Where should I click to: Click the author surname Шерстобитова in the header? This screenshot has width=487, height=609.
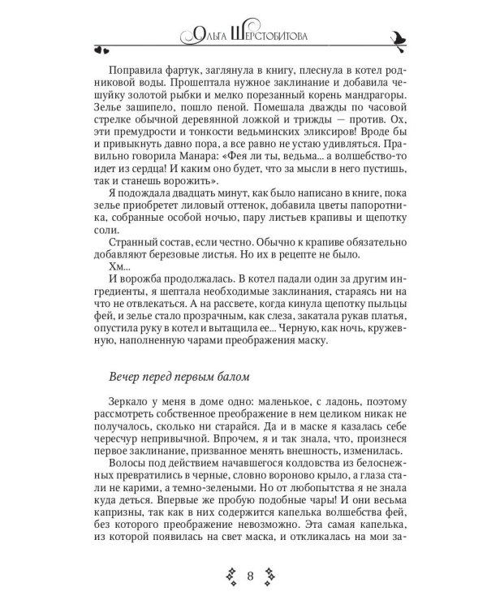point(275,35)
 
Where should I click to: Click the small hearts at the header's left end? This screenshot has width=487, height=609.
point(97,49)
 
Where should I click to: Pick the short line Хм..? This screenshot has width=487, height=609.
point(117,266)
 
